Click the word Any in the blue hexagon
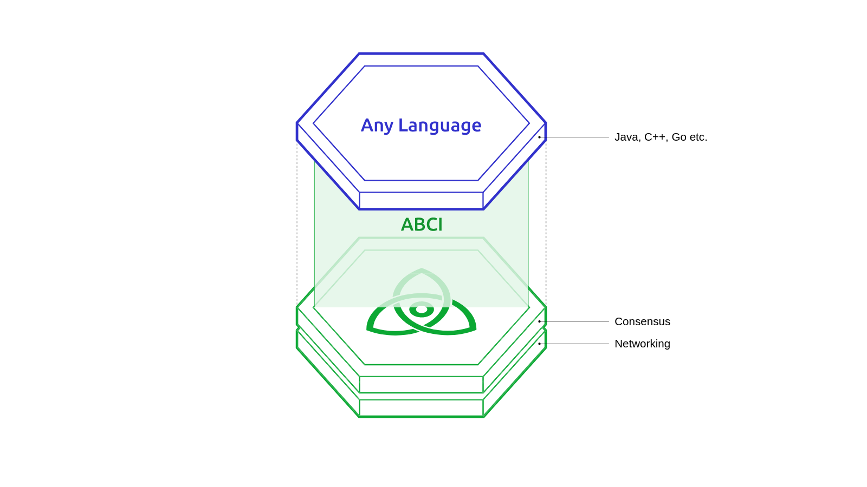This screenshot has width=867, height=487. (x=377, y=126)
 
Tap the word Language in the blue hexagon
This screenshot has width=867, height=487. (x=439, y=126)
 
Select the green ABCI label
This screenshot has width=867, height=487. (x=422, y=225)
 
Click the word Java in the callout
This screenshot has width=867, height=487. (x=626, y=137)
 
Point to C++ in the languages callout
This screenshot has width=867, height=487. (x=655, y=137)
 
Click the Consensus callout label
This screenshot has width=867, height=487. (x=642, y=321)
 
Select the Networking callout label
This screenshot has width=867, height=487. (x=642, y=344)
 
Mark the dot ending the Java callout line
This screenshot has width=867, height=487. (x=539, y=137)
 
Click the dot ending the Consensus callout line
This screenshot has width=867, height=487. (x=539, y=321)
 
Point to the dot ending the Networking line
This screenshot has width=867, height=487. (x=539, y=344)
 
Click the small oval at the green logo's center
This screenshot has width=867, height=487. (x=422, y=310)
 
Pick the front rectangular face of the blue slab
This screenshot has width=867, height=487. (x=421, y=200)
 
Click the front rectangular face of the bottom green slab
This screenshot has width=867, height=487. (x=421, y=408)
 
